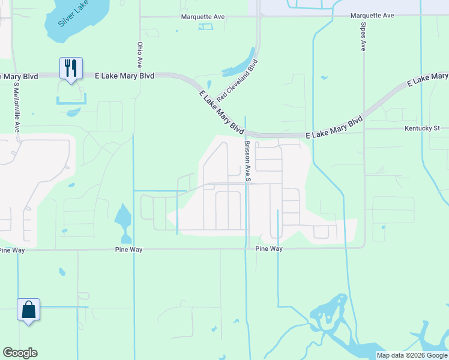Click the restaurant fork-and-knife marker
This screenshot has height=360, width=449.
point(71,68)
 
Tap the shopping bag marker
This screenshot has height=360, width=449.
point(28,310)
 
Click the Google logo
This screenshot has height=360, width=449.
point(20,353)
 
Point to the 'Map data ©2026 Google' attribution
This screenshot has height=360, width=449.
point(412,355)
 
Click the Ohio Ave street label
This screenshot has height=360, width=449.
point(140,54)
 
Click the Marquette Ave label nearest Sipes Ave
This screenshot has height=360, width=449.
point(372,15)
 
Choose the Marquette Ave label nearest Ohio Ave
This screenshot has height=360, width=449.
point(203,17)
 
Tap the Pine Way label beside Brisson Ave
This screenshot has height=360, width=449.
point(268,248)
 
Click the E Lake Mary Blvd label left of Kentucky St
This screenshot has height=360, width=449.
point(334,128)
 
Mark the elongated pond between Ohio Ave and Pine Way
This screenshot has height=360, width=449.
point(123,219)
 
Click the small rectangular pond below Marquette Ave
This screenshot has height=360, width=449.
point(205,26)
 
